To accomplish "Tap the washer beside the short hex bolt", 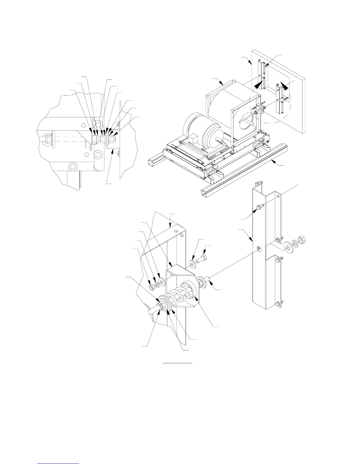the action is point(193,264).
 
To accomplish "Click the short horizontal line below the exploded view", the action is point(177,363).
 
